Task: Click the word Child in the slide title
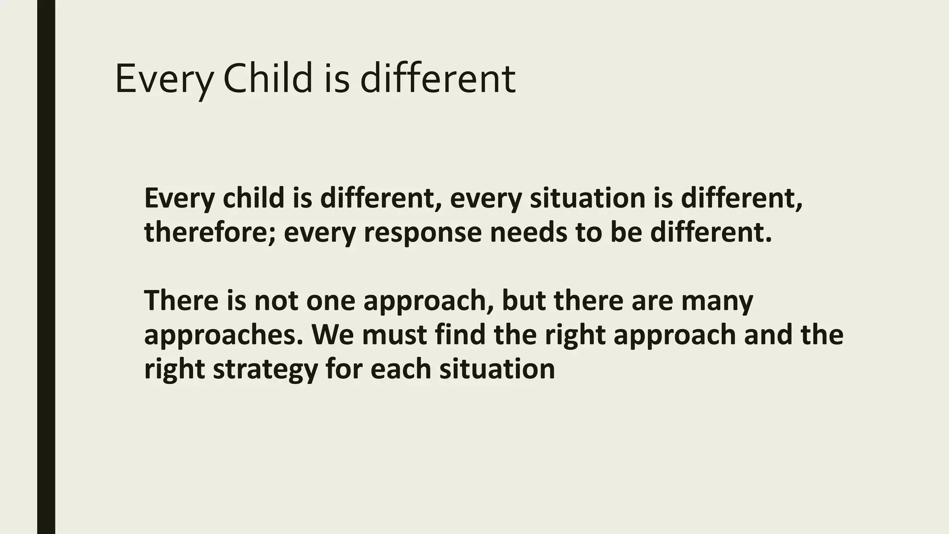268,79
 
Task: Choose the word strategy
265,369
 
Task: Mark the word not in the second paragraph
276,300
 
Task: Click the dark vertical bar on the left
46,267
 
